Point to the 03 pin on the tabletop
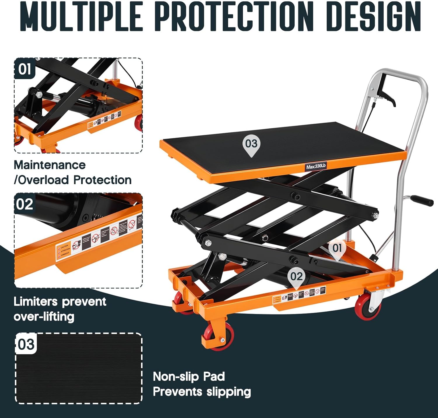[251, 145]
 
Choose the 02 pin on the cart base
[296, 277]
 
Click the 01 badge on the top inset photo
[25, 69]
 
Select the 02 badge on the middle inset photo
[25, 204]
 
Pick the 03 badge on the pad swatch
[26, 344]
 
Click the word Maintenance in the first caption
[50, 165]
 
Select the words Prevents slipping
[202, 392]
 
